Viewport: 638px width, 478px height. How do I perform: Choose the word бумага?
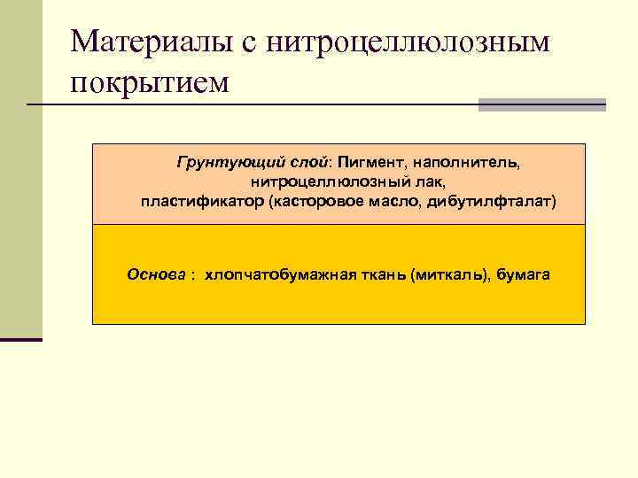coord(523,274)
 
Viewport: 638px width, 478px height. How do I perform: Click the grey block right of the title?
coord(541,104)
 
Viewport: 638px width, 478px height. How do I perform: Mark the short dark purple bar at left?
coord(21,339)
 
